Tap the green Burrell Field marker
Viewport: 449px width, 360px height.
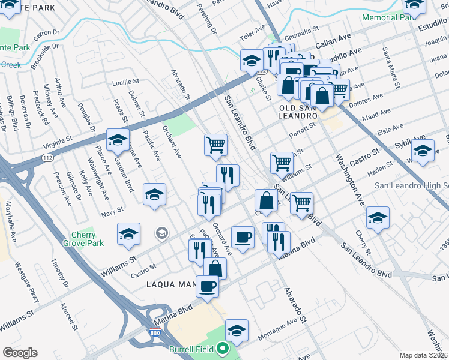[223, 349]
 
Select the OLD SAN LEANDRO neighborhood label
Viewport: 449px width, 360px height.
[298, 112]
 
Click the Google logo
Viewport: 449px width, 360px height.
[20, 353]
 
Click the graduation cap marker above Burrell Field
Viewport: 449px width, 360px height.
[237, 331]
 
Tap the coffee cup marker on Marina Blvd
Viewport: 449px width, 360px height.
[207, 286]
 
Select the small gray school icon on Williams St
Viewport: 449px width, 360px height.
[161, 232]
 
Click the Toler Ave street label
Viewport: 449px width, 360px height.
[252, 28]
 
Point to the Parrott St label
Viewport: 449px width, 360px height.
[301, 130]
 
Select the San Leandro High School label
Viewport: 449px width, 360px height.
[411, 185]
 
